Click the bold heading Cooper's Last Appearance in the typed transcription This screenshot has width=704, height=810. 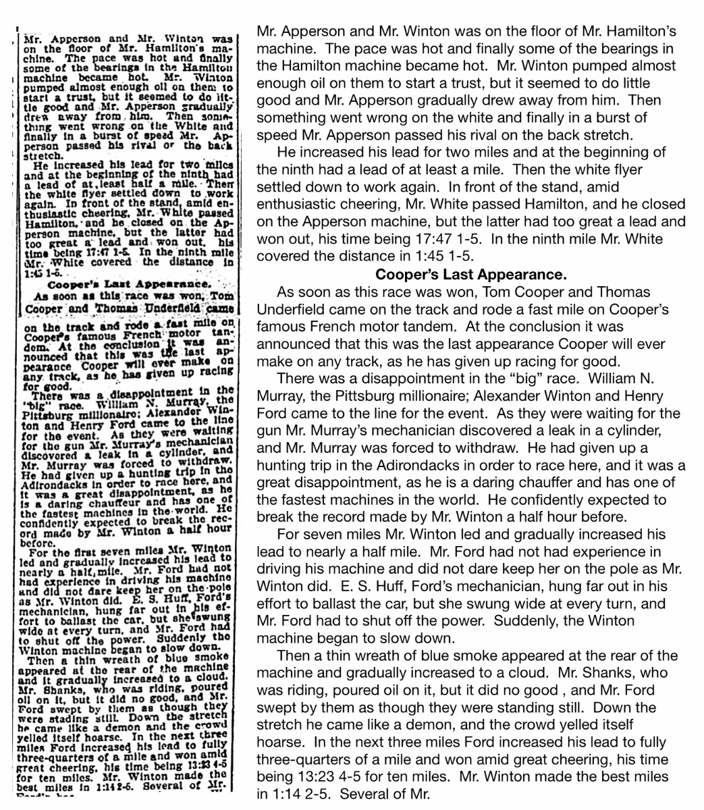click(471, 275)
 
